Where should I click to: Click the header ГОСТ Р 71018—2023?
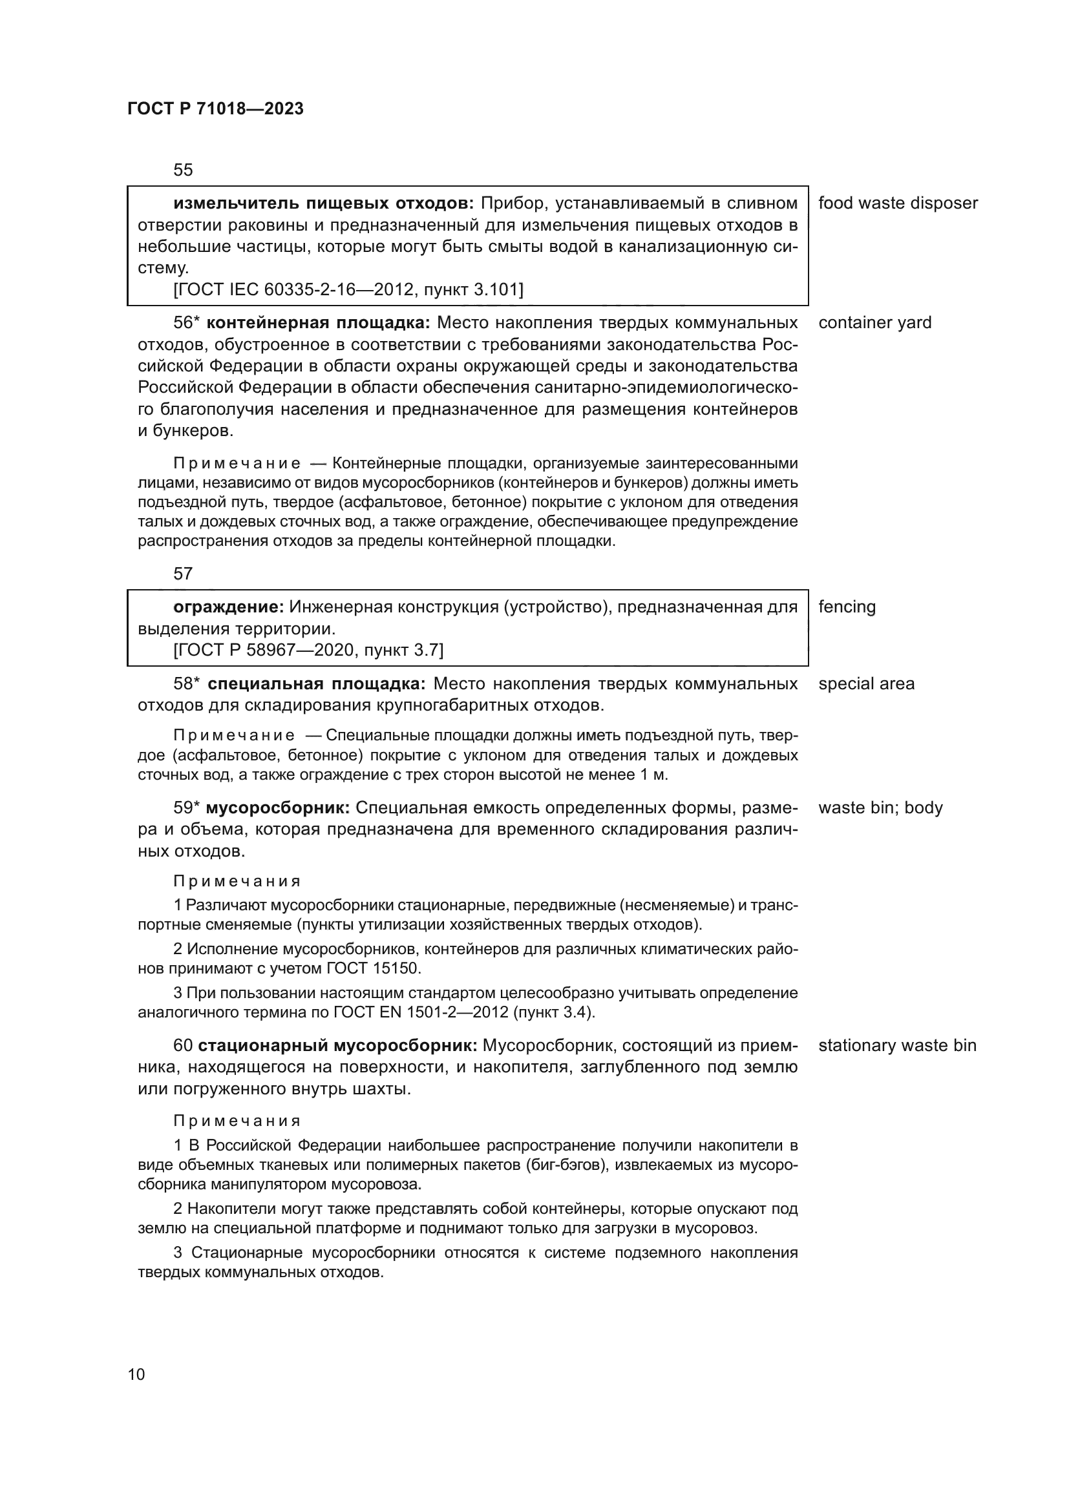coord(215,109)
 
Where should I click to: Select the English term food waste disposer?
coord(898,203)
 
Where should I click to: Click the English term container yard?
coord(875,322)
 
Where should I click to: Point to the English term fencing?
coord(847,607)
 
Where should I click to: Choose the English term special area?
coord(866,683)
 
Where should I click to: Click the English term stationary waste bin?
coord(897,1046)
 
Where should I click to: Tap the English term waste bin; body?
coord(880,808)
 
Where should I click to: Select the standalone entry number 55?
coord(183,171)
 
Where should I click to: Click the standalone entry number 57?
coord(183,574)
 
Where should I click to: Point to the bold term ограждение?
coord(228,607)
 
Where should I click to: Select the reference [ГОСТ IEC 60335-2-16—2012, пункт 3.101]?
coord(348,289)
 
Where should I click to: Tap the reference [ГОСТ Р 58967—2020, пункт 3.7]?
coord(308,651)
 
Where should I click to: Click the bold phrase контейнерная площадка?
coord(319,322)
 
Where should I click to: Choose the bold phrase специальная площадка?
coord(317,683)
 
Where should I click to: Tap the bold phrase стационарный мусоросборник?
coord(337,1046)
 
